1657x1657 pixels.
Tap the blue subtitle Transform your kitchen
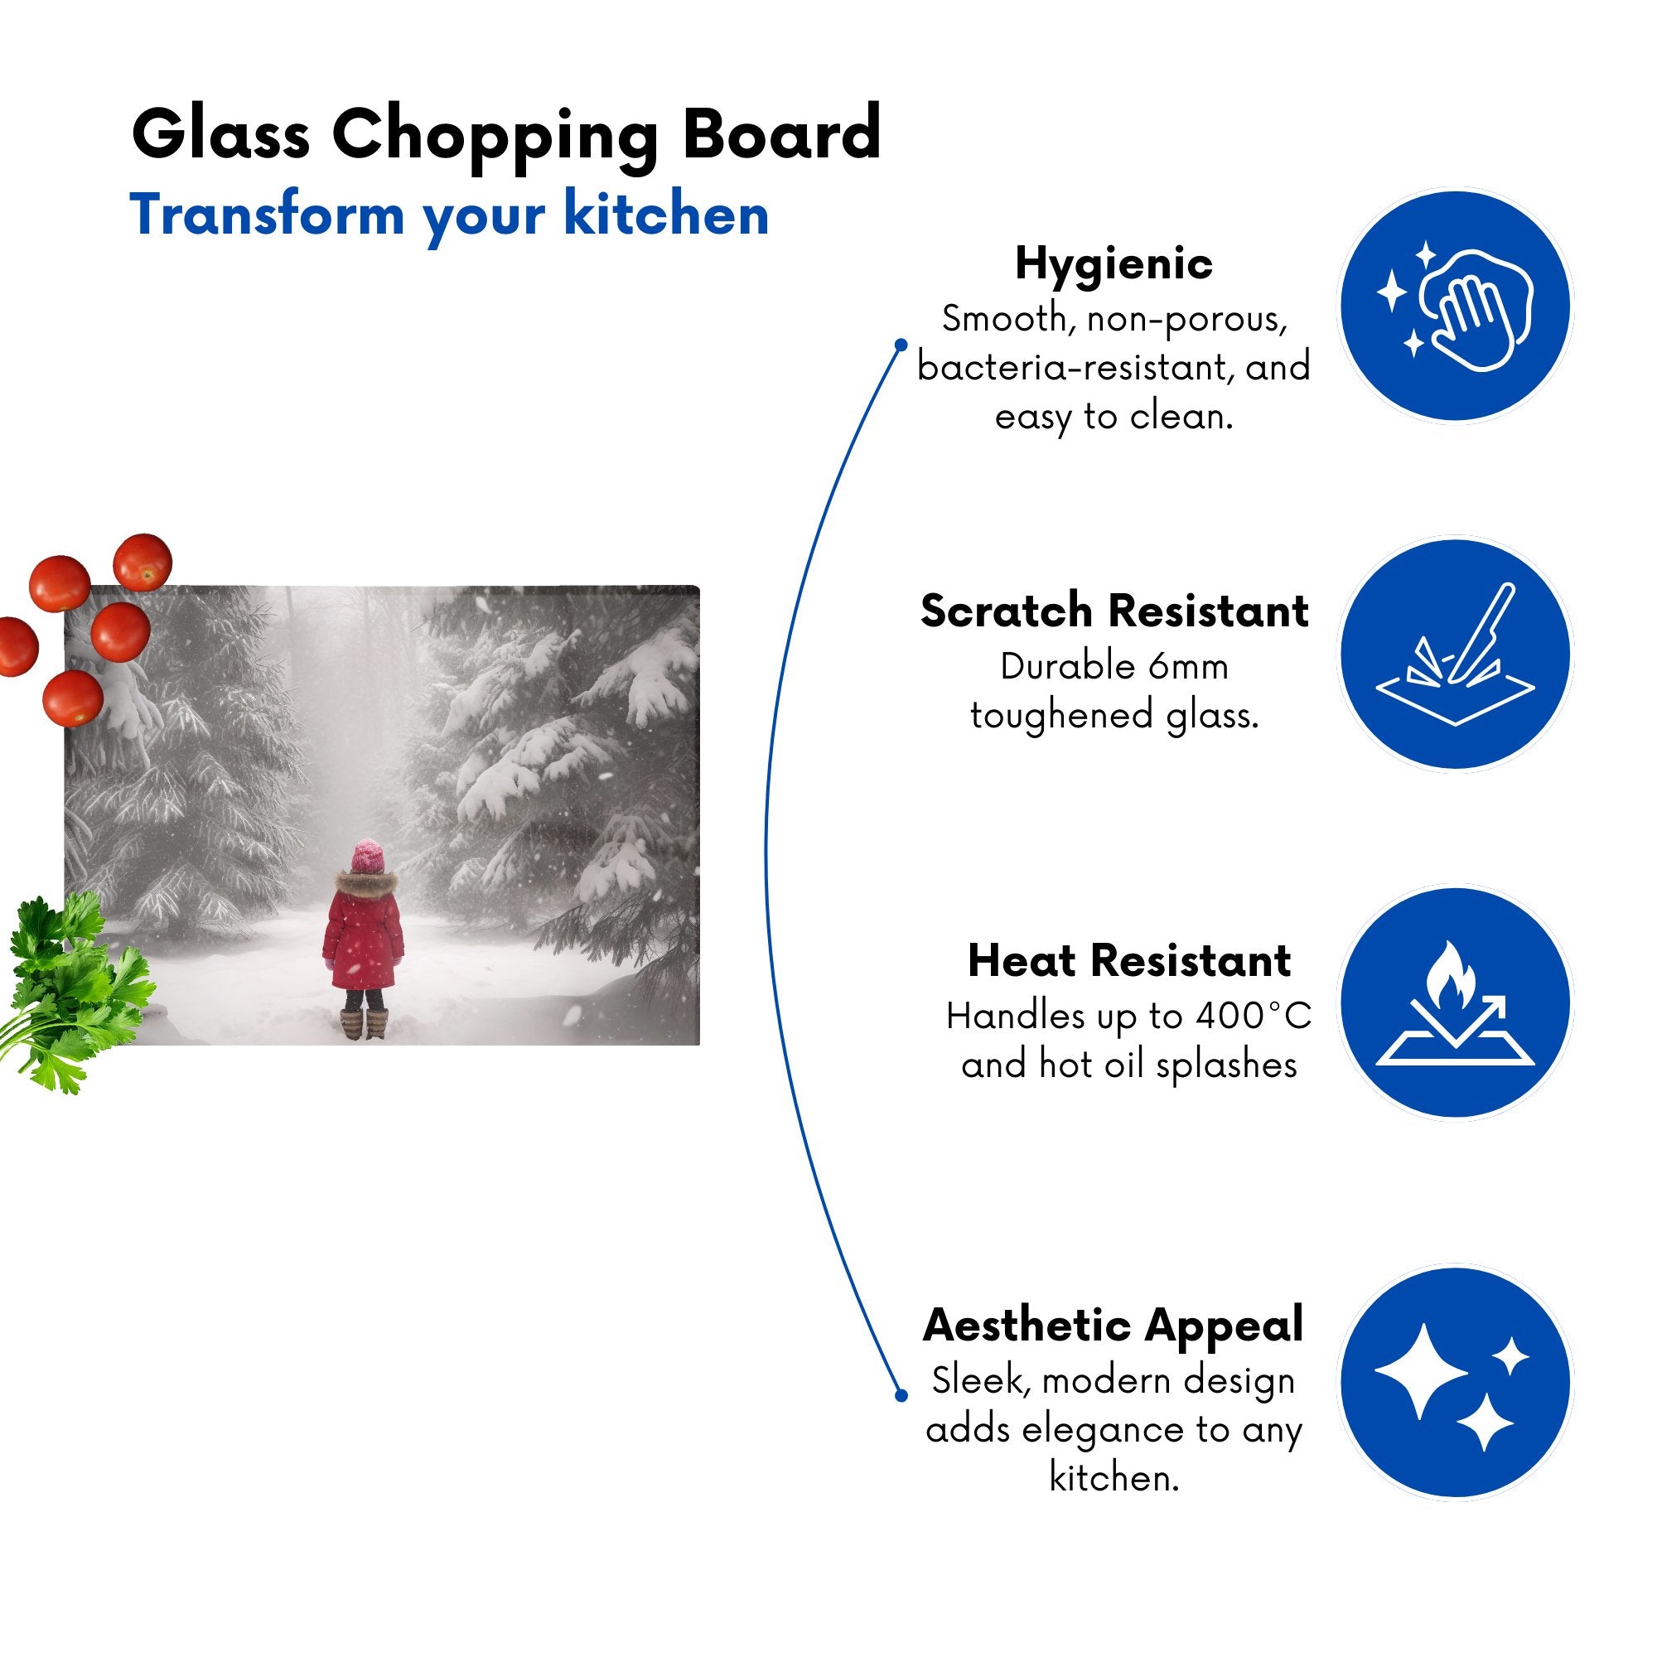tap(448, 216)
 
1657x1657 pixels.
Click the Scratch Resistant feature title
tap(1114, 611)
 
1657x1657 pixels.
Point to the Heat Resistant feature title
tap(1128, 960)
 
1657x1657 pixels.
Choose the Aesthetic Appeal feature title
tap(1114, 1326)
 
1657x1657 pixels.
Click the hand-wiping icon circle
tap(1456, 307)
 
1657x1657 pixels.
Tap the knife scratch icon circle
tap(1456, 654)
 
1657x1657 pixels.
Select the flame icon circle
tap(1456, 1002)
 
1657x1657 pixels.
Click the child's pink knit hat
tap(368, 856)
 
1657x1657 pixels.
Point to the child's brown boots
tap(364, 1024)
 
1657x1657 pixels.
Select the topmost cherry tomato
tap(143, 562)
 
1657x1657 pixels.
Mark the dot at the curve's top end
tap(901, 345)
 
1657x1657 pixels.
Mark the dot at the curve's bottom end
tap(901, 1395)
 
